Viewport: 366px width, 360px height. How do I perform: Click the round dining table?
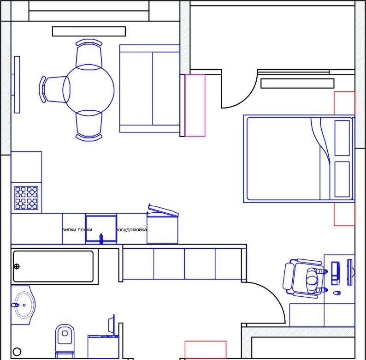(89, 90)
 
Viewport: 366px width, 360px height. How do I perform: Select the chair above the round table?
(89, 54)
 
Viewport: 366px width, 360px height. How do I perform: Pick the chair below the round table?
(89, 126)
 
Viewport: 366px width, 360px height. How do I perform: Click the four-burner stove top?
(26, 198)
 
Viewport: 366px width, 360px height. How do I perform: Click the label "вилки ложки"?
(77, 230)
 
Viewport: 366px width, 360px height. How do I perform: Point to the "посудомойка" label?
(131, 230)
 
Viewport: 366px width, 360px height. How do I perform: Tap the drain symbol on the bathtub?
(17, 266)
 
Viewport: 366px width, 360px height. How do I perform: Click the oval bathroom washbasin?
(24, 305)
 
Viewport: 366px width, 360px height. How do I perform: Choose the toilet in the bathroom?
(65, 340)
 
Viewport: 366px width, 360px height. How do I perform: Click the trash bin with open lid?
(162, 224)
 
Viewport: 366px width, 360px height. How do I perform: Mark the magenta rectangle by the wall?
(195, 105)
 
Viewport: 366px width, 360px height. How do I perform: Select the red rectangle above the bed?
(344, 103)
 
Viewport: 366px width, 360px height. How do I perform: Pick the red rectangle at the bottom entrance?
(206, 350)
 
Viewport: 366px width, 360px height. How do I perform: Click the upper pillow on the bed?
(342, 138)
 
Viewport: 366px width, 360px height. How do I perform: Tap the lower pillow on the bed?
(342, 179)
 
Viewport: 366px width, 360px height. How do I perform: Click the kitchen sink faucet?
(101, 239)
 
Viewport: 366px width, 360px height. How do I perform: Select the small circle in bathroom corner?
(17, 351)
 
